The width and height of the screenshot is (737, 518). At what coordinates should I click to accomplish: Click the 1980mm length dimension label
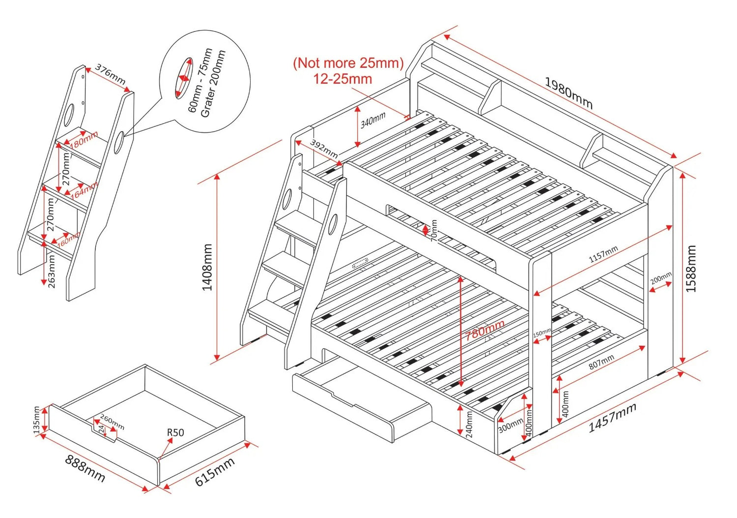pos(568,93)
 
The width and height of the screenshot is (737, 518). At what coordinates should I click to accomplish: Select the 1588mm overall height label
pos(691,269)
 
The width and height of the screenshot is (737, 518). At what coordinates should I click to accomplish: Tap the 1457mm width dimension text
pos(612,418)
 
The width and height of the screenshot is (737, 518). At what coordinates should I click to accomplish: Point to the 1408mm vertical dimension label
pos(208,267)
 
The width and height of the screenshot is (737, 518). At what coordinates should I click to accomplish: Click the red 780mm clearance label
pos(485,330)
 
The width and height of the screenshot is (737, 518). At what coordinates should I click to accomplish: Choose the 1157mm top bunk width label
pos(603,254)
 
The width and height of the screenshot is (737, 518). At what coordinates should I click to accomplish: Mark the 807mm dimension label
pos(601,363)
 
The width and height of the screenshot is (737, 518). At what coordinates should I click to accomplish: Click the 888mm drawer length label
pos(85,468)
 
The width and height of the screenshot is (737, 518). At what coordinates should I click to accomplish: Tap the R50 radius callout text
pos(175,432)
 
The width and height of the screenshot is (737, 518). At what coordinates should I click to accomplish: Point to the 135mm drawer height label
pos(36,420)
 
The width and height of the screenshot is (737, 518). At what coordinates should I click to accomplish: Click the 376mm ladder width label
pos(110,74)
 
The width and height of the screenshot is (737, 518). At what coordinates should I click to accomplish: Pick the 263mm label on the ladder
pos(52,271)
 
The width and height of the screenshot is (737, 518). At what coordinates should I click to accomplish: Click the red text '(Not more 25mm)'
pos(348,63)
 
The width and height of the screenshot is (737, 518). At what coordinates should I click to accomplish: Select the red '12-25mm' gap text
pos(342,79)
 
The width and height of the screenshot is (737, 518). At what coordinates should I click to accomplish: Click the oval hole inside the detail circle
pos(183,78)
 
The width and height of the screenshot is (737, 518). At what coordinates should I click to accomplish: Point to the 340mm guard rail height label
pos(373,120)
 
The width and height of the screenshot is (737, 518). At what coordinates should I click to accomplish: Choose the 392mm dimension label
pos(324,149)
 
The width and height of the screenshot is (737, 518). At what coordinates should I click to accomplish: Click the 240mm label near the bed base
pos(469,425)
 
